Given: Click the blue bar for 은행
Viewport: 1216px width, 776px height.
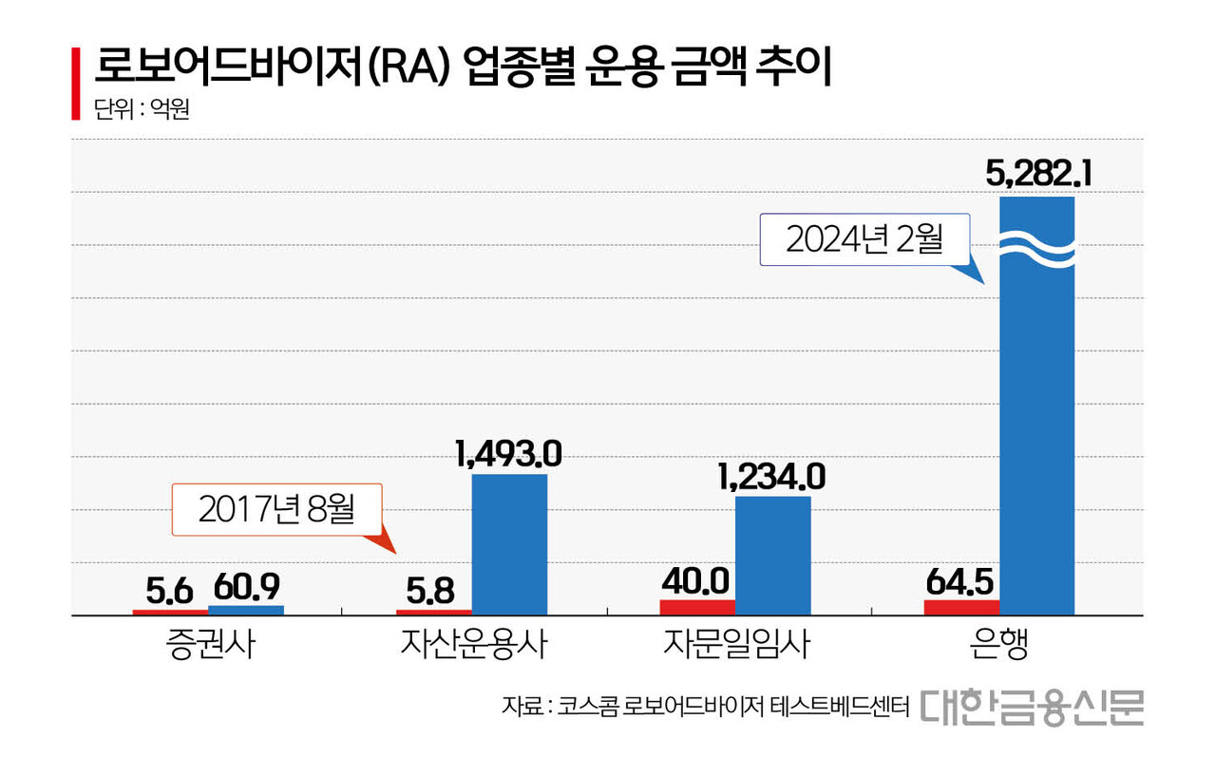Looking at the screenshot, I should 1036,427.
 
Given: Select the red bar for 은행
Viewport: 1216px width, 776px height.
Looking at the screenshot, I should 961,607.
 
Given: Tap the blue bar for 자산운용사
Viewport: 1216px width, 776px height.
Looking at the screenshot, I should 509,544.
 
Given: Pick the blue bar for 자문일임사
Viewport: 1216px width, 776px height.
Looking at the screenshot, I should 773,556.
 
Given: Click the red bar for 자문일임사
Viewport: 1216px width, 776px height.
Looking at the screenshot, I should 697,607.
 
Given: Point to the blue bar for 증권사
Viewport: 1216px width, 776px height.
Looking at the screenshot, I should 245,610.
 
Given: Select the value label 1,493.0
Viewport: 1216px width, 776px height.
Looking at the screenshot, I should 509,453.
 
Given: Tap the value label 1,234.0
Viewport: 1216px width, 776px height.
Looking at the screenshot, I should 771,476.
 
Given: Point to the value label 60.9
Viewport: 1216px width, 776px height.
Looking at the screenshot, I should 246,589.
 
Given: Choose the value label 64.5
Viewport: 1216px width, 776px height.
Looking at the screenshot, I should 960,581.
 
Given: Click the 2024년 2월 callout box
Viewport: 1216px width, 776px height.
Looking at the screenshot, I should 864,238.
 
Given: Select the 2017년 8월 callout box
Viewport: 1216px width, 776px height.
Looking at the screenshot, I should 276,509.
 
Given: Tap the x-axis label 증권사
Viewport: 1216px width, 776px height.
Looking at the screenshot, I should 207,646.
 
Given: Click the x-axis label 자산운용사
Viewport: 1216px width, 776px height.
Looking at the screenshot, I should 472,646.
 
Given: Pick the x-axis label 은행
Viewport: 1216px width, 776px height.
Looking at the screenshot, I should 999,646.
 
